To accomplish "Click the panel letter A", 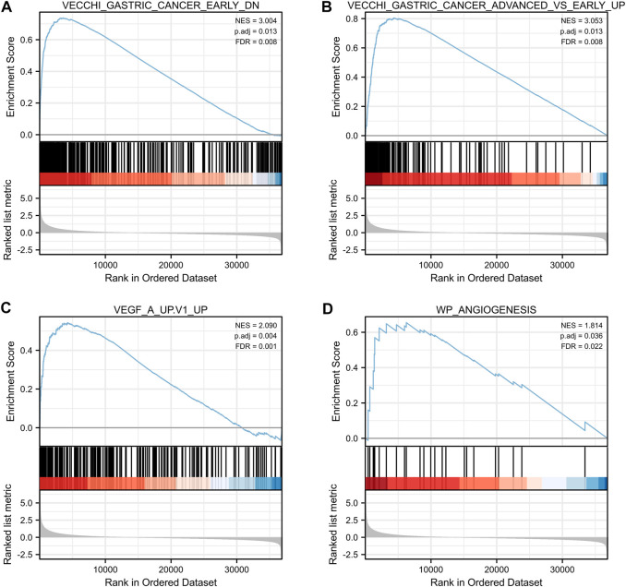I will [x=7, y=7].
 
